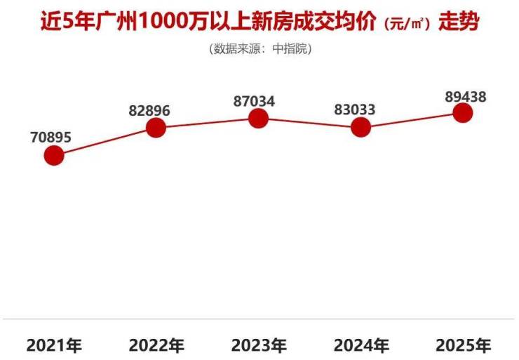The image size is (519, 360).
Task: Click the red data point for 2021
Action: pos(54,155)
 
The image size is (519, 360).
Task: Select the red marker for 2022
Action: pos(156,128)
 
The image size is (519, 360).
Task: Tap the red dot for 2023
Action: pos(259,118)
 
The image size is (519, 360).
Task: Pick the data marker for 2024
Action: pos(360,127)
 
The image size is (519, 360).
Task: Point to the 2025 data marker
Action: pos(463,112)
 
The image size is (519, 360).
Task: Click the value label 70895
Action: pos(50,138)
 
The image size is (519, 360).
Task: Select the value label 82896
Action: pos(149,110)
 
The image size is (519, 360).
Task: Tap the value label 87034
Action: pos(254,101)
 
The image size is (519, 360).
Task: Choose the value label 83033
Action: pos(356,109)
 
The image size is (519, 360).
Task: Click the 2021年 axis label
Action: pos(54,345)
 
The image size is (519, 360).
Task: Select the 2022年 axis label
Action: pos(156,345)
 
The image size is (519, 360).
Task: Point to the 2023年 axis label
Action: pos(259,345)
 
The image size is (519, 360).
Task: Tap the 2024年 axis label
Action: pos(361,345)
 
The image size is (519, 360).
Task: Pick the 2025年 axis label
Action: pos(463,345)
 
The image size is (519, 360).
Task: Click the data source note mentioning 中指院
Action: pos(259,49)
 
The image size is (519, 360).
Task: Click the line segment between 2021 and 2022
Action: pos(105,141)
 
